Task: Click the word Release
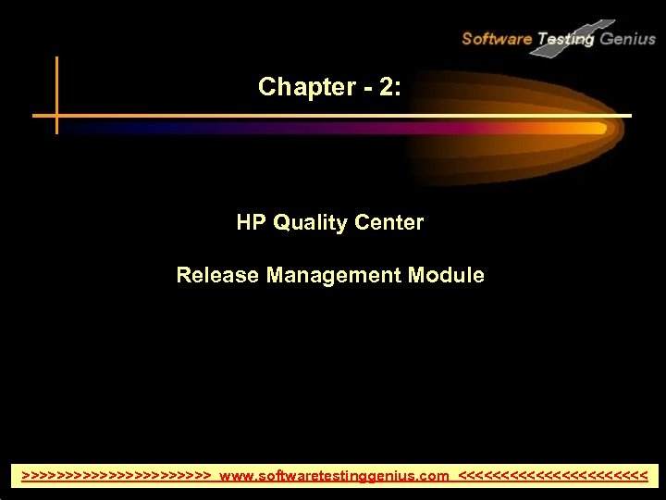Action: (x=211, y=275)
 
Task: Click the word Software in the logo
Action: (x=497, y=39)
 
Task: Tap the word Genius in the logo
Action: (x=628, y=39)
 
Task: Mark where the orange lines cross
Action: (x=57, y=117)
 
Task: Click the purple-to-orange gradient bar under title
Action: (x=370, y=129)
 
